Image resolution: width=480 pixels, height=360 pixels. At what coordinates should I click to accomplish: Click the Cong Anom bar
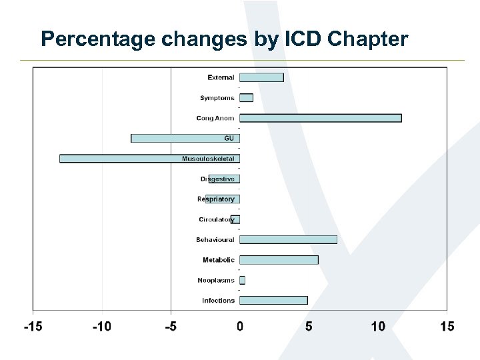coord(320,118)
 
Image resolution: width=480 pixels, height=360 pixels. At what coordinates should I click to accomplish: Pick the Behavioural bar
coord(288,239)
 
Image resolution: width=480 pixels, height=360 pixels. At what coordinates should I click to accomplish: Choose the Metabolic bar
coord(279,260)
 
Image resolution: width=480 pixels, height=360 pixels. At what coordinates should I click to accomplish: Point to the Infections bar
coord(273,300)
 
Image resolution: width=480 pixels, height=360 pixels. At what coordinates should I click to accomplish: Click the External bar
coord(261,77)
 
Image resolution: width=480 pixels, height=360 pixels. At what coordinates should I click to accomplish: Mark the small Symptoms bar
coord(246,98)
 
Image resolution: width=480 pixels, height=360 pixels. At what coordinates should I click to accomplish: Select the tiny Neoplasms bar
coord(243,280)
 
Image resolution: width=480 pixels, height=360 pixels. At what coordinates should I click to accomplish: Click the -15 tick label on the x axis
coord(33,327)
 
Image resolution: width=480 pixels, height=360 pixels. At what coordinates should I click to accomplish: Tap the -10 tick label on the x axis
coord(101,327)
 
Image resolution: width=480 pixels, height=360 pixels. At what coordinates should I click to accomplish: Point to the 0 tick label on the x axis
coord(240,327)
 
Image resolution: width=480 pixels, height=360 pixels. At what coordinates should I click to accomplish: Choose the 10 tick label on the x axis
coord(378,327)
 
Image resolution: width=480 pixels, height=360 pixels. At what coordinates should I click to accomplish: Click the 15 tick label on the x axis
coord(447,327)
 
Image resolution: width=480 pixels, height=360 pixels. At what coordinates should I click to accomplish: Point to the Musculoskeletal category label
coord(208,159)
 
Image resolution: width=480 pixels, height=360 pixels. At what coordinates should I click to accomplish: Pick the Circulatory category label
coord(217,219)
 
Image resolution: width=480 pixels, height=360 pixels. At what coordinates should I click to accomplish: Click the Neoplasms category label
coord(216,280)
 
